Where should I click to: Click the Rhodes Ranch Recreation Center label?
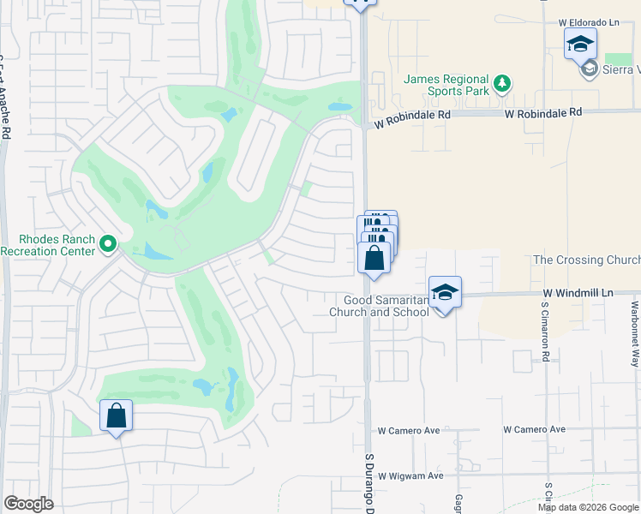(47, 244)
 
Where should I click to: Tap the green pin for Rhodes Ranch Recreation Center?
(107, 245)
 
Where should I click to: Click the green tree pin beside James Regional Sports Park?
(502, 83)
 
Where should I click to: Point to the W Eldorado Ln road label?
(588, 21)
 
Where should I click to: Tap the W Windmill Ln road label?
(578, 293)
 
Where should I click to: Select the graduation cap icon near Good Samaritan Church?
(445, 292)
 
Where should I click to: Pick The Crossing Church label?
(586, 260)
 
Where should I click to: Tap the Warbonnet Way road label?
(635, 334)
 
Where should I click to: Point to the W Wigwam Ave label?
(410, 475)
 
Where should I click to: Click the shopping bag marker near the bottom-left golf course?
(117, 416)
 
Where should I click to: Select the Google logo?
(28, 504)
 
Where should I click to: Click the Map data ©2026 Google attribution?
(588, 507)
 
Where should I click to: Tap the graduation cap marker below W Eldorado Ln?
(580, 43)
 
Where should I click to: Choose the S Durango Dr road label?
(371, 484)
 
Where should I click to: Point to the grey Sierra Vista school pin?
(589, 69)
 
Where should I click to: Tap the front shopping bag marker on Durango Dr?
(374, 258)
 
